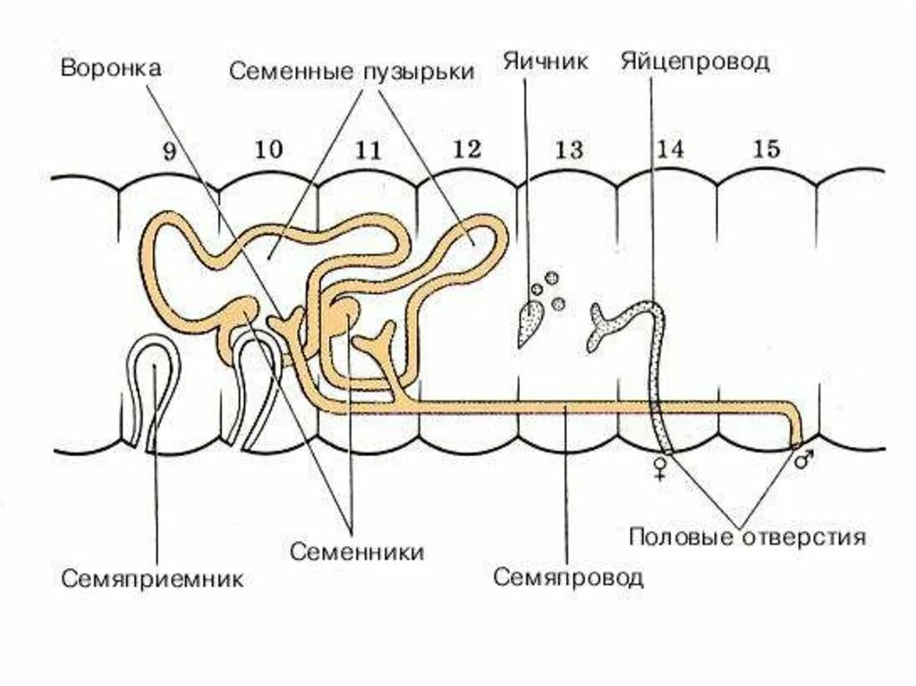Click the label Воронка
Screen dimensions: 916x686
(x=111, y=69)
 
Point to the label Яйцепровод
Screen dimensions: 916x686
(x=694, y=62)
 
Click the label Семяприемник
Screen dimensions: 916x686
(x=153, y=578)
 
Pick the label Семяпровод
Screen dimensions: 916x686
(x=568, y=575)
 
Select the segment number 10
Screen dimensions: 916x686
(x=267, y=149)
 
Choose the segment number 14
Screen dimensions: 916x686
(x=669, y=149)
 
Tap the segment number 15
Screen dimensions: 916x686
(x=767, y=149)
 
